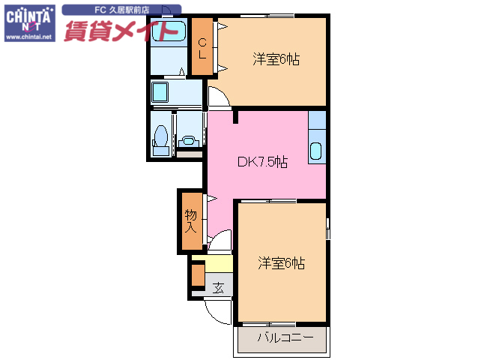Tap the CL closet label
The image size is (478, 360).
[202, 46]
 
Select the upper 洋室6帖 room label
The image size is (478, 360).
[276, 59]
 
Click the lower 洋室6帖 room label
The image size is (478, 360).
[282, 263]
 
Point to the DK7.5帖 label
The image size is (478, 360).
[262, 161]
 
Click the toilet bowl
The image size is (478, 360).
[160, 139]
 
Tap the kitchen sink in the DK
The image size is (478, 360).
[316, 150]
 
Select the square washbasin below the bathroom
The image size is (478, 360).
[160, 93]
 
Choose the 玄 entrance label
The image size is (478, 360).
[218, 287]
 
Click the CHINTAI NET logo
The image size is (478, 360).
[28, 18]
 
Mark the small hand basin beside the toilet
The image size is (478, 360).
[188, 139]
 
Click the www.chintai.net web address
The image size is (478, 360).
[28, 36]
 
